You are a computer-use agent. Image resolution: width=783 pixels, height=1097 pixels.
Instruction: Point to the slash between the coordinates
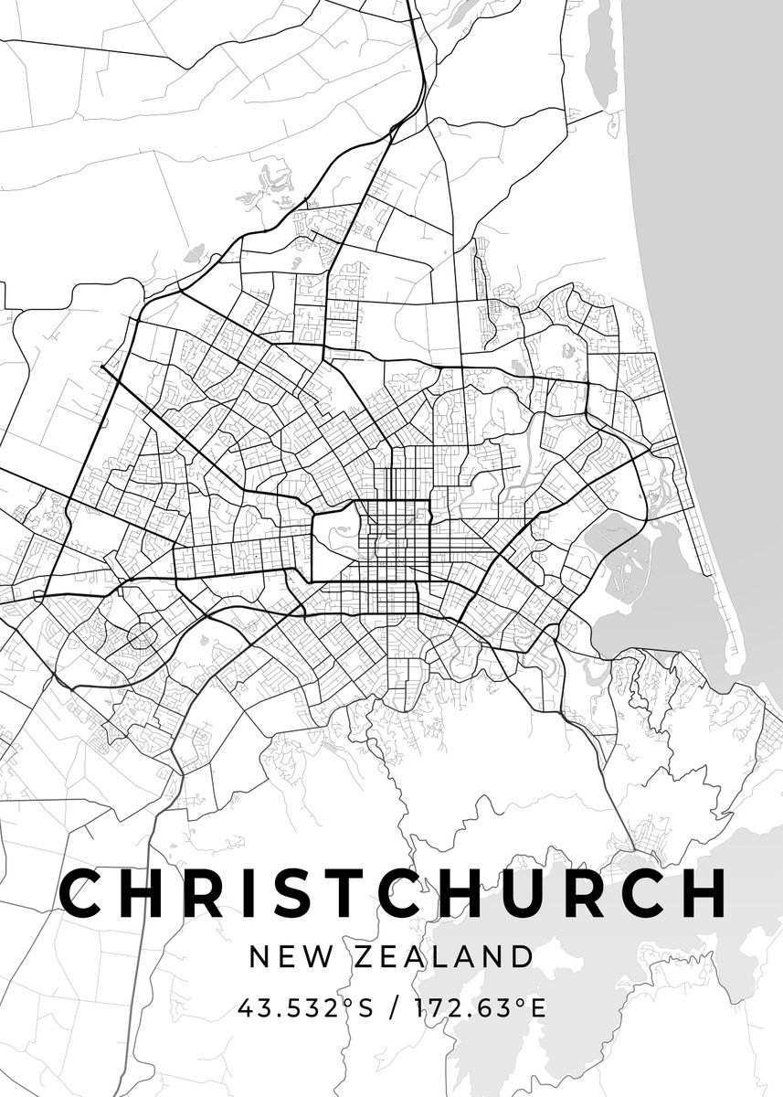coord(394,1008)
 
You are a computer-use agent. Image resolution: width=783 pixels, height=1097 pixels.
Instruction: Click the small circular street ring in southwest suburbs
coord(140,634)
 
